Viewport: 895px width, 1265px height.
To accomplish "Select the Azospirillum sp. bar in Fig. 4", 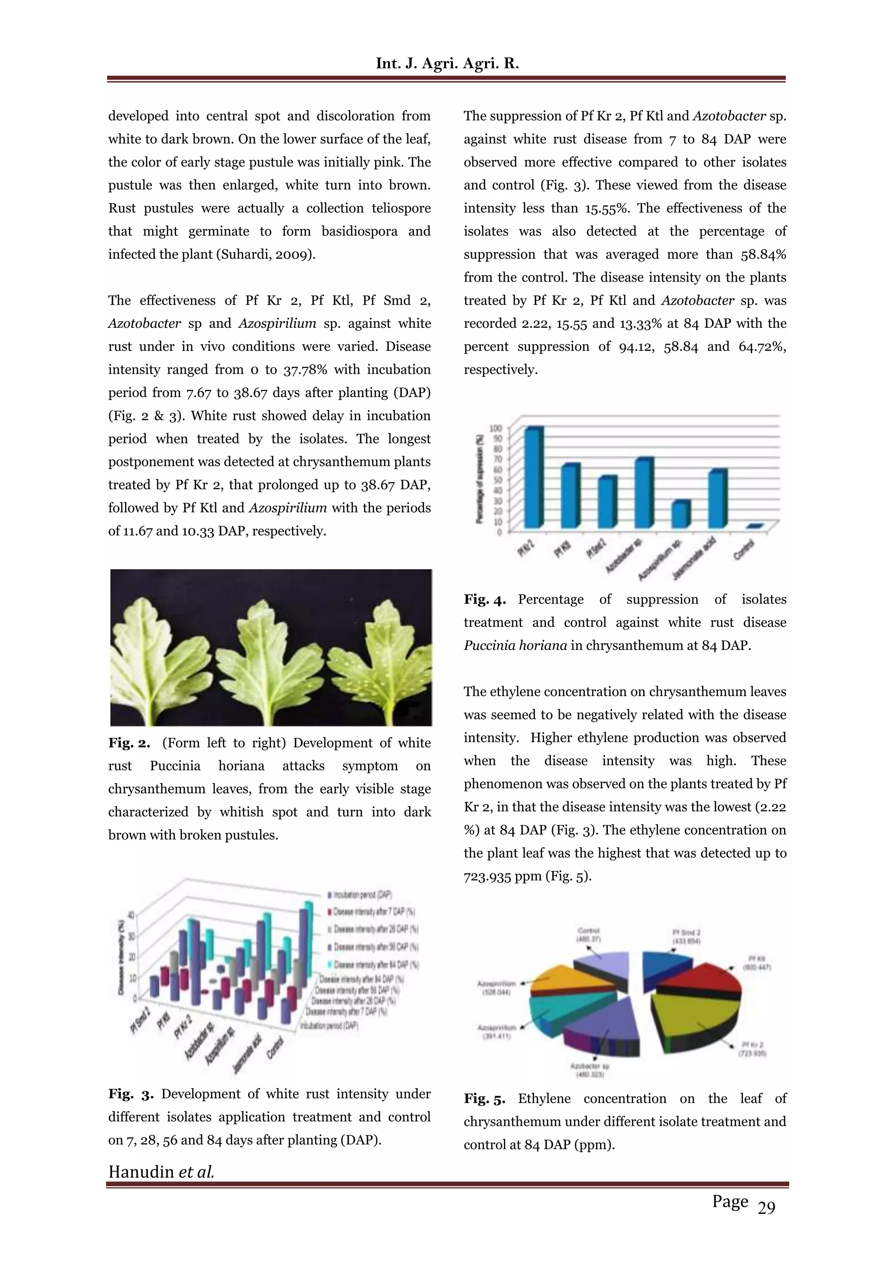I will pyautogui.click(x=680, y=513).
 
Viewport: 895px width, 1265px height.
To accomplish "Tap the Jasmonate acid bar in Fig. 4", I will pyautogui.click(x=717, y=498).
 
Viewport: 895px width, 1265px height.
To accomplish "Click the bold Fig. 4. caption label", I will pyautogui.click(x=484, y=600).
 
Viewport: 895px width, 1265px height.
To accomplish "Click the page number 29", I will pyautogui.click(x=766, y=1208).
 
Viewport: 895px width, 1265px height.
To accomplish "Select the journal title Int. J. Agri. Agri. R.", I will pyautogui.click(x=447, y=63).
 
